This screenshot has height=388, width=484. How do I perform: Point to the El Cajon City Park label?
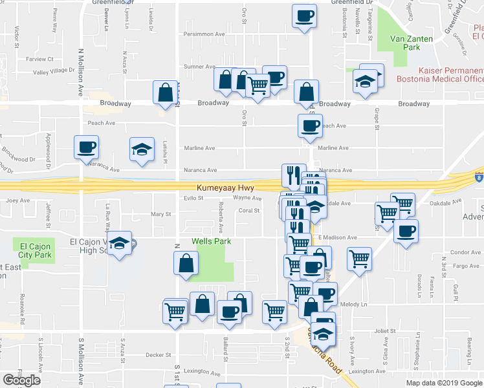click(30, 250)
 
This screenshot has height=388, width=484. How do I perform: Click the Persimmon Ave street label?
click(204, 34)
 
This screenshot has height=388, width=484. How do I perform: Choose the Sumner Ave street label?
click(199, 67)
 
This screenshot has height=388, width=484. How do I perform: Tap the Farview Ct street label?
click(39, 59)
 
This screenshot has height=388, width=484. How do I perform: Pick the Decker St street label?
click(158, 354)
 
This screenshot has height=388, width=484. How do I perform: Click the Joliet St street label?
click(384, 330)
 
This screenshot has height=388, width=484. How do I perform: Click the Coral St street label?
click(249, 210)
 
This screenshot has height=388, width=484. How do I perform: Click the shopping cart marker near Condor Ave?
click(360, 258)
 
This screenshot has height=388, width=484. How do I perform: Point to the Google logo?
click(22, 380)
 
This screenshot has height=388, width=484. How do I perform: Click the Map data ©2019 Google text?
click(443, 382)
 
